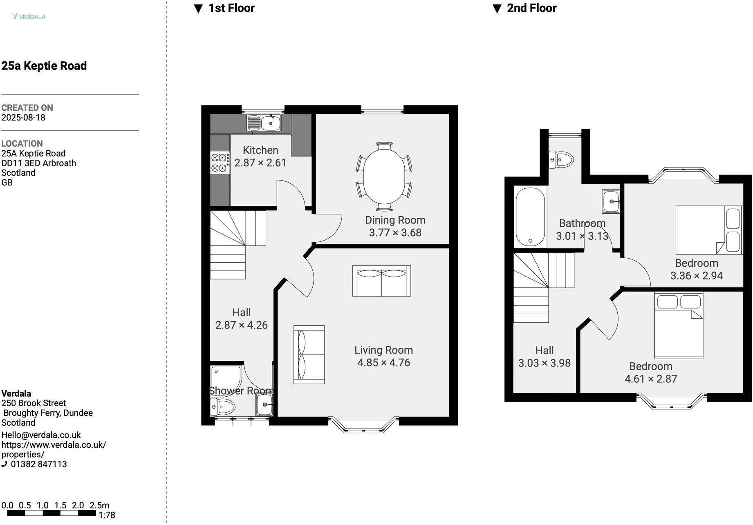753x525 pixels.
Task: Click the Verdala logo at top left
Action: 29,17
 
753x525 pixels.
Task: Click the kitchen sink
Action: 264,123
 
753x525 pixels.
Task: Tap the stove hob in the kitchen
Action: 220,163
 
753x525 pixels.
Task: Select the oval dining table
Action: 384,176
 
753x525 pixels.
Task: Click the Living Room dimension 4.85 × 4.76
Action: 383,363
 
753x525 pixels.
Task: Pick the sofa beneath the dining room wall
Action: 381,281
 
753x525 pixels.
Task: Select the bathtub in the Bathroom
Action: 530,217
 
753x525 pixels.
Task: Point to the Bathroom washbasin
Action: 611,201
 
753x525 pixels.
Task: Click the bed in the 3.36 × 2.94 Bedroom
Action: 708,230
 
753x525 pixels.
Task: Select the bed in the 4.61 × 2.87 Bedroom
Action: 679,326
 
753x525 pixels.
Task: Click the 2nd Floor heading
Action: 531,8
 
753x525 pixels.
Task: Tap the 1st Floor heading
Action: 231,8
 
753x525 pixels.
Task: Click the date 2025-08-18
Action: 23,118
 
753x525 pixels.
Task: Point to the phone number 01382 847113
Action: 39,465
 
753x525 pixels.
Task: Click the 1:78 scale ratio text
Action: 107,516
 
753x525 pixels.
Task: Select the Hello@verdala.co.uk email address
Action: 41,436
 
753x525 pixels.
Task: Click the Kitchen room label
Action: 260,150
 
